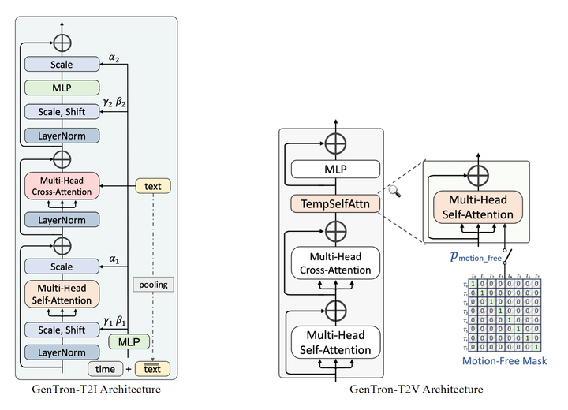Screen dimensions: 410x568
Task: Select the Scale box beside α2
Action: [x=62, y=65]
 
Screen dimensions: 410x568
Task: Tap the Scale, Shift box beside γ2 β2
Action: [x=62, y=113]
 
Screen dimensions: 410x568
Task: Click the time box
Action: [x=105, y=368]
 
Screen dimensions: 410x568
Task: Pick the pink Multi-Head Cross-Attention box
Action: [x=62, y=185]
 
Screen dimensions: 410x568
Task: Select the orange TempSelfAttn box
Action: [x=335, y=203]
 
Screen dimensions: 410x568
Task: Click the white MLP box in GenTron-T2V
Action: [x=335, y=169]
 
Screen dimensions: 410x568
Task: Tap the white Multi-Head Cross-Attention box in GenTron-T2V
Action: [x=335, y=263]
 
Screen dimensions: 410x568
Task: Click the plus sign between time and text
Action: [x=129, y=369]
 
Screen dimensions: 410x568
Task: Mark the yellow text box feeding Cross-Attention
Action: [x=154, y=186]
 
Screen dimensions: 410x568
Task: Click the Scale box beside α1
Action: [x=62, y=266]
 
